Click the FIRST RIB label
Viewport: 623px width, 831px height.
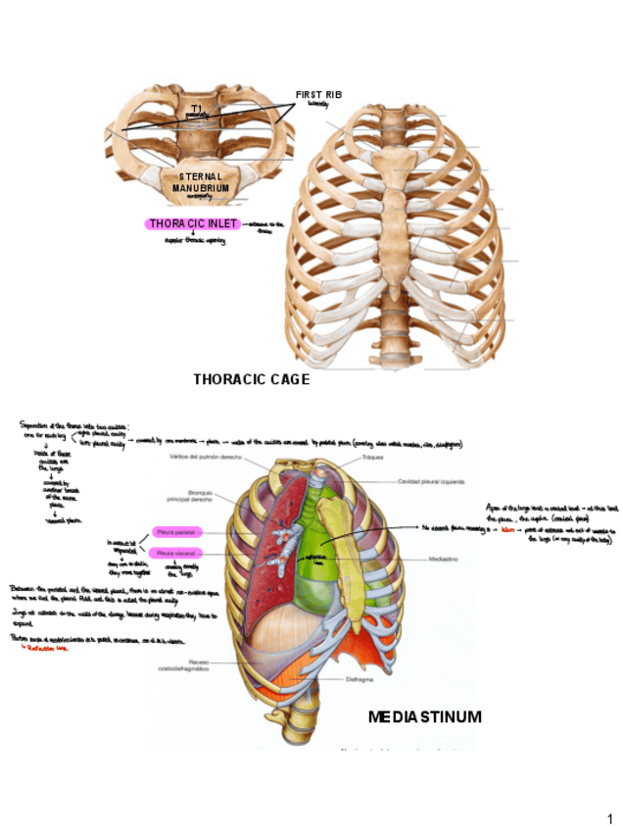click(x=318, y=94)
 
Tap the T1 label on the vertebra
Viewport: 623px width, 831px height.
click(x=197, y=108)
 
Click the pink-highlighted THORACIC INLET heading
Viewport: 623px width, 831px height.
click(x=194, y=223)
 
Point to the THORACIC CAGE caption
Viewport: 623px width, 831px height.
click(x=251, y=379)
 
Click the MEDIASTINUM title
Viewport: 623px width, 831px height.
click(x=424, y=717)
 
